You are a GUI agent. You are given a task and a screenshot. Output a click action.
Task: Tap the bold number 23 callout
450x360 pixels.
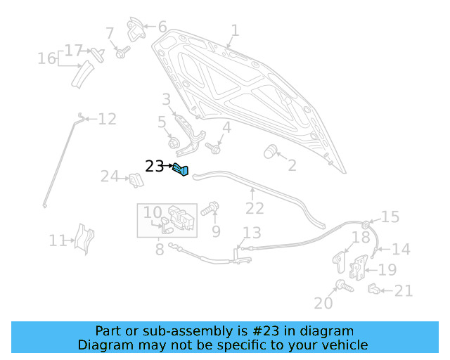pyautogui.click(x=154, y=167)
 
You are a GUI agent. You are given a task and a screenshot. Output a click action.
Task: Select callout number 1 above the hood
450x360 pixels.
pyautogui.click(x=235, y=31)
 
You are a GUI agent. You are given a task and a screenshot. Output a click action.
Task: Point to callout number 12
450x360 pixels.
pyautogui.click(x=107, y=119)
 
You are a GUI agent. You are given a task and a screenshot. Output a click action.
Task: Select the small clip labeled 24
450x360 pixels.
pyautogui.click(x=135, y=180)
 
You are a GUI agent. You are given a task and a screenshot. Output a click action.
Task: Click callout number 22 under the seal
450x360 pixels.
pyautogui.click(x=254, y=209)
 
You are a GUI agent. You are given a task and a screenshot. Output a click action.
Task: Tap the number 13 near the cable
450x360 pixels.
pyautogui.click(x=251, y=233)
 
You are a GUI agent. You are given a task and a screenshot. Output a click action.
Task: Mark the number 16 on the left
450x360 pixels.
pyautogui.click(x=47, y=58)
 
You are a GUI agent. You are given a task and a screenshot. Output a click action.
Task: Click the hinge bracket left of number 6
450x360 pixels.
pyautogui.click(x=135, y=30)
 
